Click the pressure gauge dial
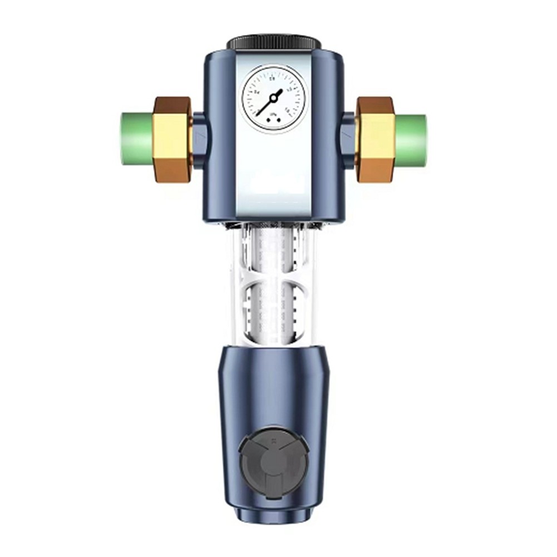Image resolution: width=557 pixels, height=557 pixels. [273, 99]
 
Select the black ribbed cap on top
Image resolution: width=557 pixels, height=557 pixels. [273, 42]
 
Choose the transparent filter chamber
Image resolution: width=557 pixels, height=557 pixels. [273, 284]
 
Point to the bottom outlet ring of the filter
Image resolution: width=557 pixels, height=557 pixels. [273, 515]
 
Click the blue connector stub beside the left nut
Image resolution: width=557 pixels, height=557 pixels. [199, 139]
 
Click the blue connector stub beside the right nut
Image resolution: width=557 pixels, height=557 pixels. [348, 139]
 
